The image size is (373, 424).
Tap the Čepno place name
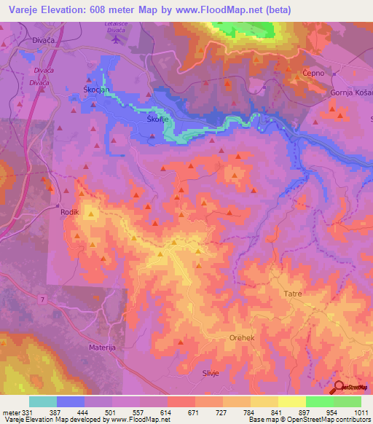click(x=313, y=74)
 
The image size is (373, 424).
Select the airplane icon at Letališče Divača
click(x=117, y=37)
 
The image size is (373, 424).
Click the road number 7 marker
click(x=43, y=299)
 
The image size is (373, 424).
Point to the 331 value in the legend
click(x=28, y=412)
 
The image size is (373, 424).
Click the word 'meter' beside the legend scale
click(x=11, y=412)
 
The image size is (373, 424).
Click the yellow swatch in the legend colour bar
click(x=278, y=401)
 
